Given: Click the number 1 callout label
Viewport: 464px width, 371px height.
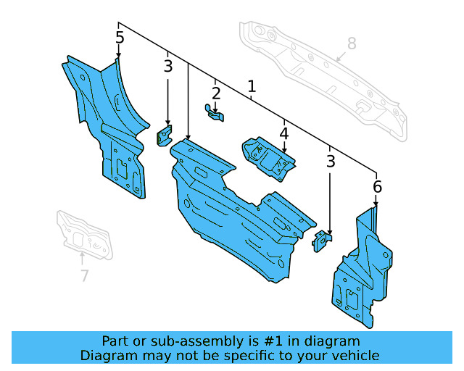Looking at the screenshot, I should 252,88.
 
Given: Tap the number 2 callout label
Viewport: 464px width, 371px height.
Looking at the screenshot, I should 216,93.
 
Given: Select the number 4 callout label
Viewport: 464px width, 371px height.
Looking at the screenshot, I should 283,134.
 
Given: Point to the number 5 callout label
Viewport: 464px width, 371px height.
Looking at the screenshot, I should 120,38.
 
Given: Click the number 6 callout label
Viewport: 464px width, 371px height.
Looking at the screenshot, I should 377,188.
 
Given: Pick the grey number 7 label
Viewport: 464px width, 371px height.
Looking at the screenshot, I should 85,275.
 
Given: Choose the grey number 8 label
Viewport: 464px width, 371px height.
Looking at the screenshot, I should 352,43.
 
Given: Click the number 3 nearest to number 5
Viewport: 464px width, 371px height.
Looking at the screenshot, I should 168,67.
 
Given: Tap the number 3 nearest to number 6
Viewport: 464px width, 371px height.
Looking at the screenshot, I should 331,162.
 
